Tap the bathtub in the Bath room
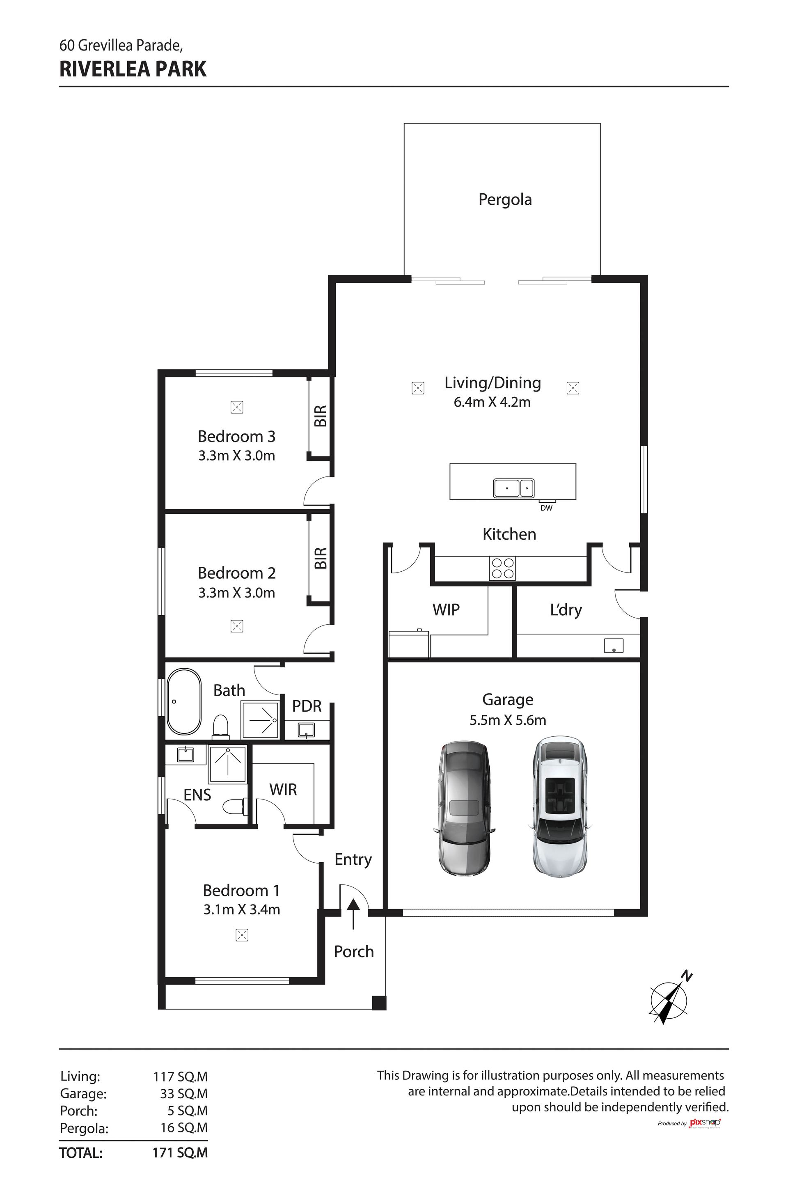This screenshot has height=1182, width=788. [184, 701]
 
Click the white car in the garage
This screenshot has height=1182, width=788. [559, 808]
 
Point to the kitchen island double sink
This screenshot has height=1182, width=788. [513, 488]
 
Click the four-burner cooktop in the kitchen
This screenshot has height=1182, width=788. [502, 568]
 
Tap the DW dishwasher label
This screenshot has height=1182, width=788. [546, 508]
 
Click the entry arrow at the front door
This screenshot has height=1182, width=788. [353, 913]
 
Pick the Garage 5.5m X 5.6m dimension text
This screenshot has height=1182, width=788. [508, 720]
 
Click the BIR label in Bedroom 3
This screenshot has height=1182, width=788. [321, 416]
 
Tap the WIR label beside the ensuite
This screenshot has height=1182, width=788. [283, 790]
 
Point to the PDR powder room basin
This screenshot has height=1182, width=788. [306, 730]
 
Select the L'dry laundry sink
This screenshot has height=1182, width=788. [613, 646]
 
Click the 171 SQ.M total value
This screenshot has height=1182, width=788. [180, 1152]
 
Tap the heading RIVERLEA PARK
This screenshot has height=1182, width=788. [133, 69]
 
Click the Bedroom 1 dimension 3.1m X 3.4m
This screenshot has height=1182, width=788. [242, 909]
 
